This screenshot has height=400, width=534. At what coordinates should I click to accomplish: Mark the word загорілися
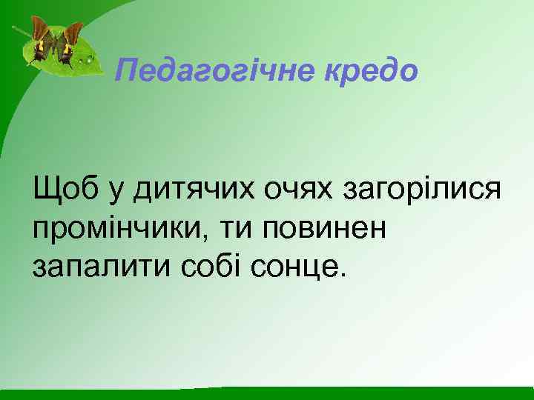coord(421,191)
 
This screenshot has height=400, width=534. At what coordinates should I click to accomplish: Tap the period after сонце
coord(342,273)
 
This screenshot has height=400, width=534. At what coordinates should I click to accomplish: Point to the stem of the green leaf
coord(19,33)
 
